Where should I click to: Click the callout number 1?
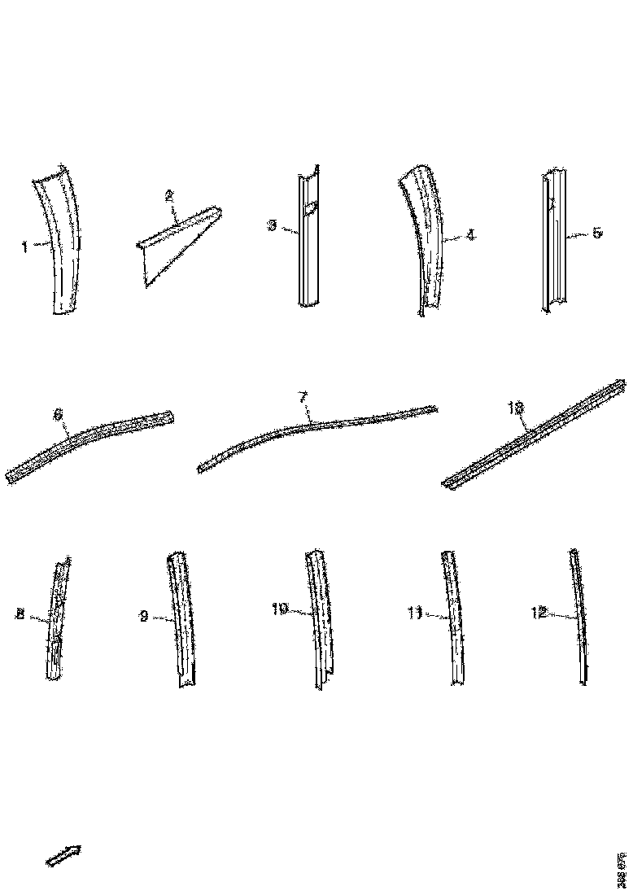(25, 247)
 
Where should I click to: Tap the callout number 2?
(169, 195)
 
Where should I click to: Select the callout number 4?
(471, 235)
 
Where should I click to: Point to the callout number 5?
(596, 234)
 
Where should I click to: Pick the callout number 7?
(302, 398)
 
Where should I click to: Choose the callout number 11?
(414, 615)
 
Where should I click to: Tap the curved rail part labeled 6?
(89, 443)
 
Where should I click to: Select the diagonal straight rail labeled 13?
(537, 435)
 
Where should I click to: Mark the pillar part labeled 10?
(319, 618)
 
